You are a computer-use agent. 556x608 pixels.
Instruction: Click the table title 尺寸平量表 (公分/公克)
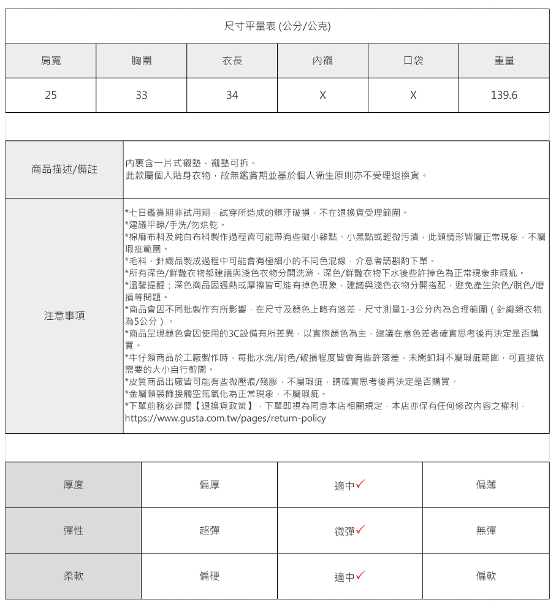(278, 26)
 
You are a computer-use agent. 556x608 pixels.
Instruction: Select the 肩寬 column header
(51, 61)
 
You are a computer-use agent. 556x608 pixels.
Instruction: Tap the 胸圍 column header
(142, 61)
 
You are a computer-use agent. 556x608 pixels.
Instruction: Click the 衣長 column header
(232, 61)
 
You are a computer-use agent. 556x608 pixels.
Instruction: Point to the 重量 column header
(504, 61)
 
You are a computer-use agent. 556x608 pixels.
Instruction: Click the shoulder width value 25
(51, 95)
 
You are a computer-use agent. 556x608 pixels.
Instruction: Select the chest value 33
(142, 95)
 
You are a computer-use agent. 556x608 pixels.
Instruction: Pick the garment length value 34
(232, 95)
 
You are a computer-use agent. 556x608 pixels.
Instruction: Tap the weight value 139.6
(504, 95)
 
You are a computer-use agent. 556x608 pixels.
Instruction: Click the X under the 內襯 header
(322, 95)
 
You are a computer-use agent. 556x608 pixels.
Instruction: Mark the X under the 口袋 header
(413, 95)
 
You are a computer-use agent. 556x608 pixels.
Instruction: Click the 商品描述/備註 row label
(64, 169)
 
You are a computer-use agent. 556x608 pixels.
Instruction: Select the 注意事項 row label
(64, 316)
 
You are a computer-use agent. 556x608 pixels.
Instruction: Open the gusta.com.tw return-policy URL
(225, 419)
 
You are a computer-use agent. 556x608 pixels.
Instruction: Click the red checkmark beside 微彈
(360, 530)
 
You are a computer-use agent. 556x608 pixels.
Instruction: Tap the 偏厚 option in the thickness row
(210, 485)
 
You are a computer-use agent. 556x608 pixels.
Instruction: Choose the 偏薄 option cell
(486, 485)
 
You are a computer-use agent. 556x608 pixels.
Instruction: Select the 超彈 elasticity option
(210, 531)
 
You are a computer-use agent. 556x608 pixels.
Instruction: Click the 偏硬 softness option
(210, 576)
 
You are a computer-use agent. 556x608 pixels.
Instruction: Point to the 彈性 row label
(74, 531)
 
